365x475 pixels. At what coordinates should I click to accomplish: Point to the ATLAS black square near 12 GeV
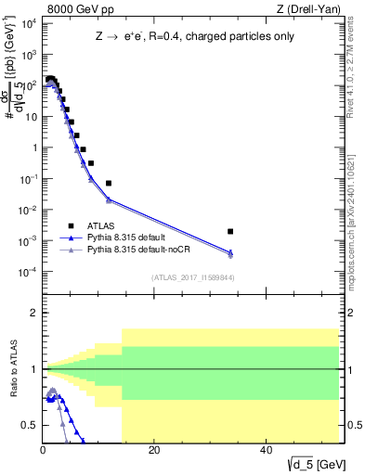(x=109, y=184)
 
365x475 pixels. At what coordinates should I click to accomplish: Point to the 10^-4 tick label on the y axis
(x=28, y=272)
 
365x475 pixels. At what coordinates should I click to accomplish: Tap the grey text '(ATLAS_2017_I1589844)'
(x=191, y=276)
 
